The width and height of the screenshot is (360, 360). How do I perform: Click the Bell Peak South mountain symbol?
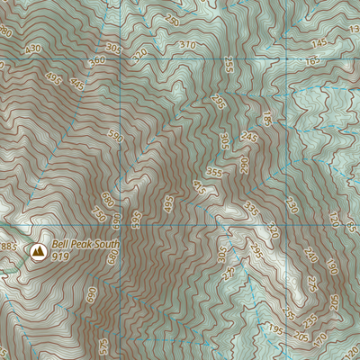click(38, 251)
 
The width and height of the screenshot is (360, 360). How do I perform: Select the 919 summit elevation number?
click(61, 256)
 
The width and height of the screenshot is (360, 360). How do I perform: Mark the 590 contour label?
click(114, 136)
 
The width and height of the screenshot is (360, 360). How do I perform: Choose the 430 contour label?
click(34, 49)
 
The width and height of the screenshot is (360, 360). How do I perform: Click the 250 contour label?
click(172, 20)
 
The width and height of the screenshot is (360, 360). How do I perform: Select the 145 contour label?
click(319, 43)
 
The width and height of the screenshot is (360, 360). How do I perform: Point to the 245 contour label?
click(249, 138)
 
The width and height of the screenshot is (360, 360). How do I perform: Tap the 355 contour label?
click(214, 172)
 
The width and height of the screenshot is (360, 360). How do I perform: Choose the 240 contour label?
click(310, 256)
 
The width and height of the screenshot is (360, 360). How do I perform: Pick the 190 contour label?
click(330, 267)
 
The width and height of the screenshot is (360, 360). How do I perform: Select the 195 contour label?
click(274, 332)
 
